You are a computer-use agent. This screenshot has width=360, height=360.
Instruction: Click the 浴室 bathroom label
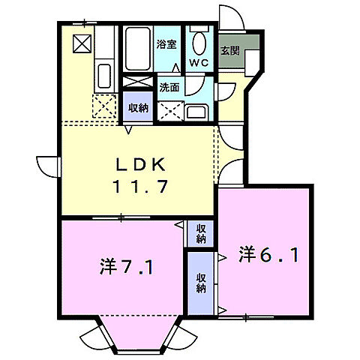tap(166, 44)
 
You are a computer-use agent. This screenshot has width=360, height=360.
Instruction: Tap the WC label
tap(198, 62)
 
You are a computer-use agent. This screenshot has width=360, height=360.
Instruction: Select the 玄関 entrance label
tap(229, 51)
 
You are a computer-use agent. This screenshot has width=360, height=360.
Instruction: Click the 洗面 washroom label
tap(169, 87)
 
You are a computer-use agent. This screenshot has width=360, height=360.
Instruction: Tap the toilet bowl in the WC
tap(199, 41)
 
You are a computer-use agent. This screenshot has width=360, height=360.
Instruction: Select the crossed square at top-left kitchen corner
tap(80, 42)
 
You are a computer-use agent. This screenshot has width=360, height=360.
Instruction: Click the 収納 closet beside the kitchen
tap(138, 108)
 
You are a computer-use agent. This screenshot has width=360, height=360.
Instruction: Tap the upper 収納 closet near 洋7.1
tap(201, 233)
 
